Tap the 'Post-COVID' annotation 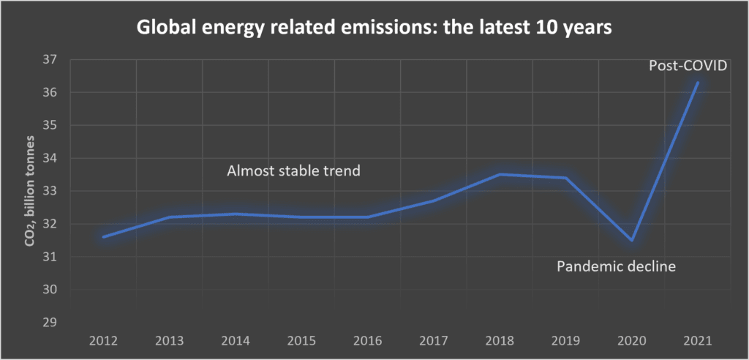tap(687, 66)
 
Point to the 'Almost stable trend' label tap(295, 171)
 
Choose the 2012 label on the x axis tap(106, 341)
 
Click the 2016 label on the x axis tap(368, 341)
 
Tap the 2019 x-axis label tap(565, 341)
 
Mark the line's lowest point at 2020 tap(631, 240)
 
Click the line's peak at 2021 tap(697, 83)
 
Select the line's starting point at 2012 tap(106, 236)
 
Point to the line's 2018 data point tap(500, 174)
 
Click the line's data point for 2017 tap(434, 200)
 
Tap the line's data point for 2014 tap(237, 214)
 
